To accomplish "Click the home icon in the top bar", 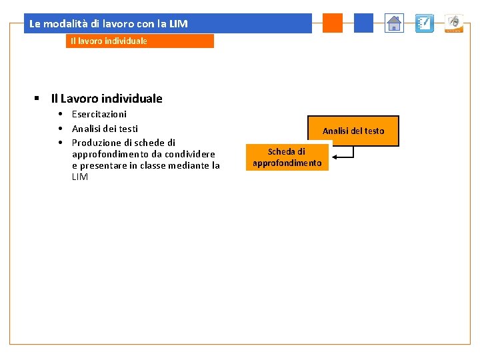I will [x=395, y=23].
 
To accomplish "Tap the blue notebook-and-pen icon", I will [x=424, y=23].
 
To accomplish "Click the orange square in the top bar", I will [x=332, y=23].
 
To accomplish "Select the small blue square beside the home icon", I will [x=363, y=23].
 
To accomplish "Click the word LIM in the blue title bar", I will [x=178, y=24].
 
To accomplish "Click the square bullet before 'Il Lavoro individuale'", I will [x=38, y=99].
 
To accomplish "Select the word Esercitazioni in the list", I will [x=99, y=114].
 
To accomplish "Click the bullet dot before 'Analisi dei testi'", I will [x=59, y=129].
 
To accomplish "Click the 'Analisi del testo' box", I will [x=353, y=131].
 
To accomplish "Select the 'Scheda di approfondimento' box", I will [x=287, y=157].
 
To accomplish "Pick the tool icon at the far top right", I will [x=454, y=23].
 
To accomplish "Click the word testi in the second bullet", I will [x=127, y=129].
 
